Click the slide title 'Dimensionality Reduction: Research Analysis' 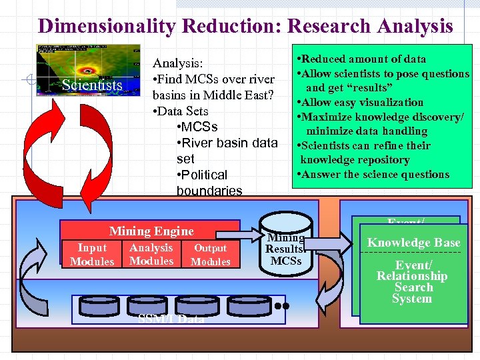tap(245, 26)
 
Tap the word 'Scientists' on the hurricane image tap(92, 85)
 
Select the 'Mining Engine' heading tap(151, 231)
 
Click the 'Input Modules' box tap(92, 255)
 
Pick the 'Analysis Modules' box tap(151, 254)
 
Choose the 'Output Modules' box tap(211, 255)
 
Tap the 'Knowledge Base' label tap(413, 243)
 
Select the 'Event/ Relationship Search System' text tap(412, 282)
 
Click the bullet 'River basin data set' tap(227, 151)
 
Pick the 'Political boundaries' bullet tap(209, 183)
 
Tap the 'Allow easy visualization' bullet tap(361, 102)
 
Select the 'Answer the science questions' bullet tap(375, 175)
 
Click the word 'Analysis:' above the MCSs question tap(178, 63)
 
